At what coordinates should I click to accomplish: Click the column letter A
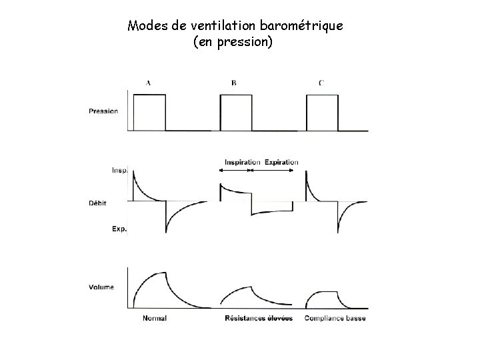tap(147, 83)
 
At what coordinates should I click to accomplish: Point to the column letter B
tap(234, 83)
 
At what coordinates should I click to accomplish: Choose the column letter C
tap(322, 83)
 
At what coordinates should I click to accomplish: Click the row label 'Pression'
tap(103, 111)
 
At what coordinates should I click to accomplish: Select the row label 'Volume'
tap(101, 287)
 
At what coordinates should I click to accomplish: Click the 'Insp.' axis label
tap(119, 170)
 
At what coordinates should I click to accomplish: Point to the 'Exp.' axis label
tap(119, 229)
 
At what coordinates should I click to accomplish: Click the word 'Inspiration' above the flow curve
tap(243, 162)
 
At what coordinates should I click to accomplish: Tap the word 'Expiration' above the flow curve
tap(281, 162)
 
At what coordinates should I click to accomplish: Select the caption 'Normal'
tap(155, 318)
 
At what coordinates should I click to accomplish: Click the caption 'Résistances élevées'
tap(259, 318)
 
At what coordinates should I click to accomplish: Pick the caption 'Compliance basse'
tap(335, 318)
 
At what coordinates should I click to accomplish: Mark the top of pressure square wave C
tap(321, 95)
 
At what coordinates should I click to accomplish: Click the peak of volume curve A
tap(165, 272)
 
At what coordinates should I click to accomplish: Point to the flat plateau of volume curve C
tap(327, 292)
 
